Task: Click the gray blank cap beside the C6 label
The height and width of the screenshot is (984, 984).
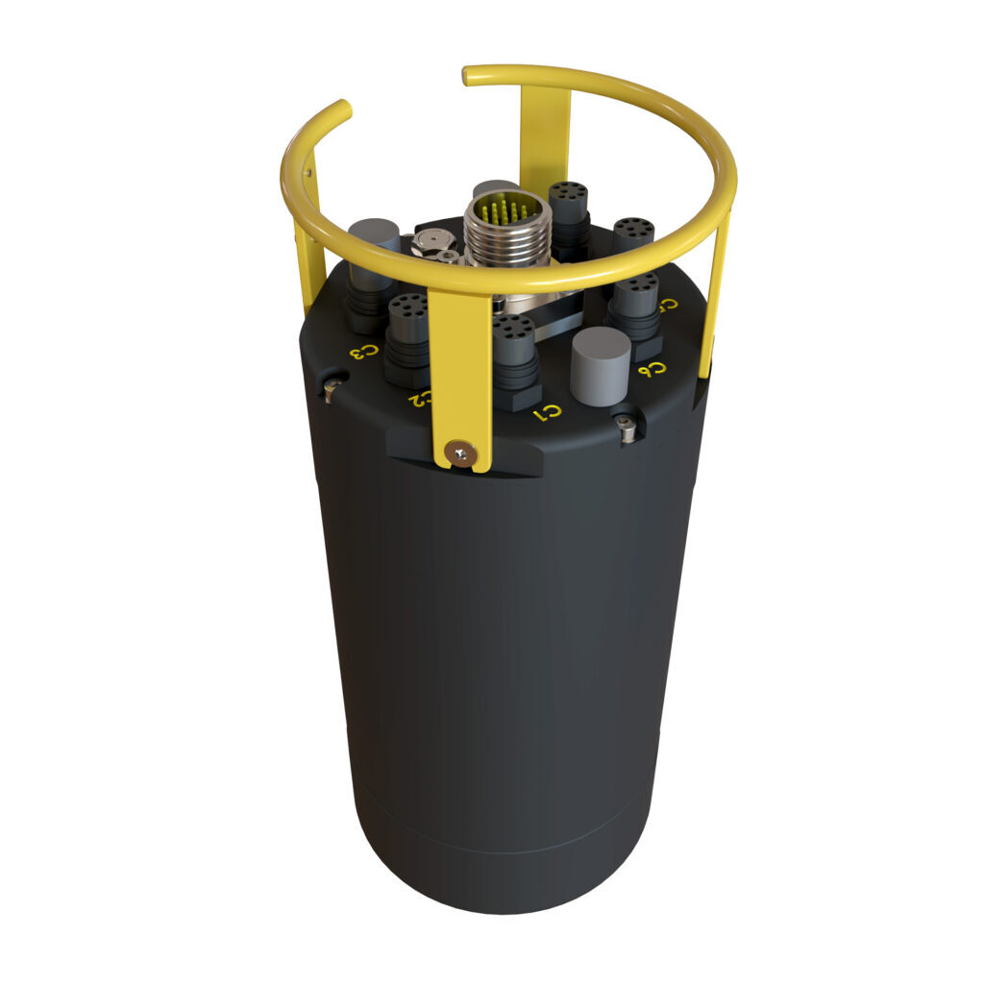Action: click(600, 365)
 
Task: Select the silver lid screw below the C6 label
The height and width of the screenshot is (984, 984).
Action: click(627, 428)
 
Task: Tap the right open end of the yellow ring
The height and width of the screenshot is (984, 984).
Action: click(468, 73)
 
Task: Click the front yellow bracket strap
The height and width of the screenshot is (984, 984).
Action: click(460, 375)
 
